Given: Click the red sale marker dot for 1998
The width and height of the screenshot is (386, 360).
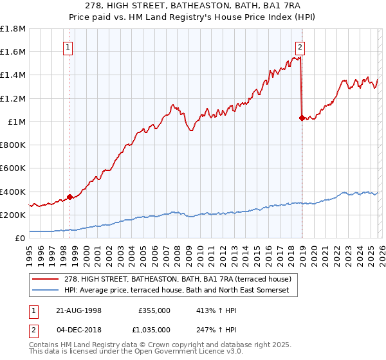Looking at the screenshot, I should (70, 197).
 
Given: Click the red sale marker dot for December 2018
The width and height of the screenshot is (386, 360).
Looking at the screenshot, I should (302, 118).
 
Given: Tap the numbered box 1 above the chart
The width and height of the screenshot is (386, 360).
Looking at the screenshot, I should (68, 46).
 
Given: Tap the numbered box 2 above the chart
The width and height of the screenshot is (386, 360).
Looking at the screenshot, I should (300, 46).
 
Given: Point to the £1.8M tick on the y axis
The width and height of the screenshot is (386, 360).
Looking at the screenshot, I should (14, 29).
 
